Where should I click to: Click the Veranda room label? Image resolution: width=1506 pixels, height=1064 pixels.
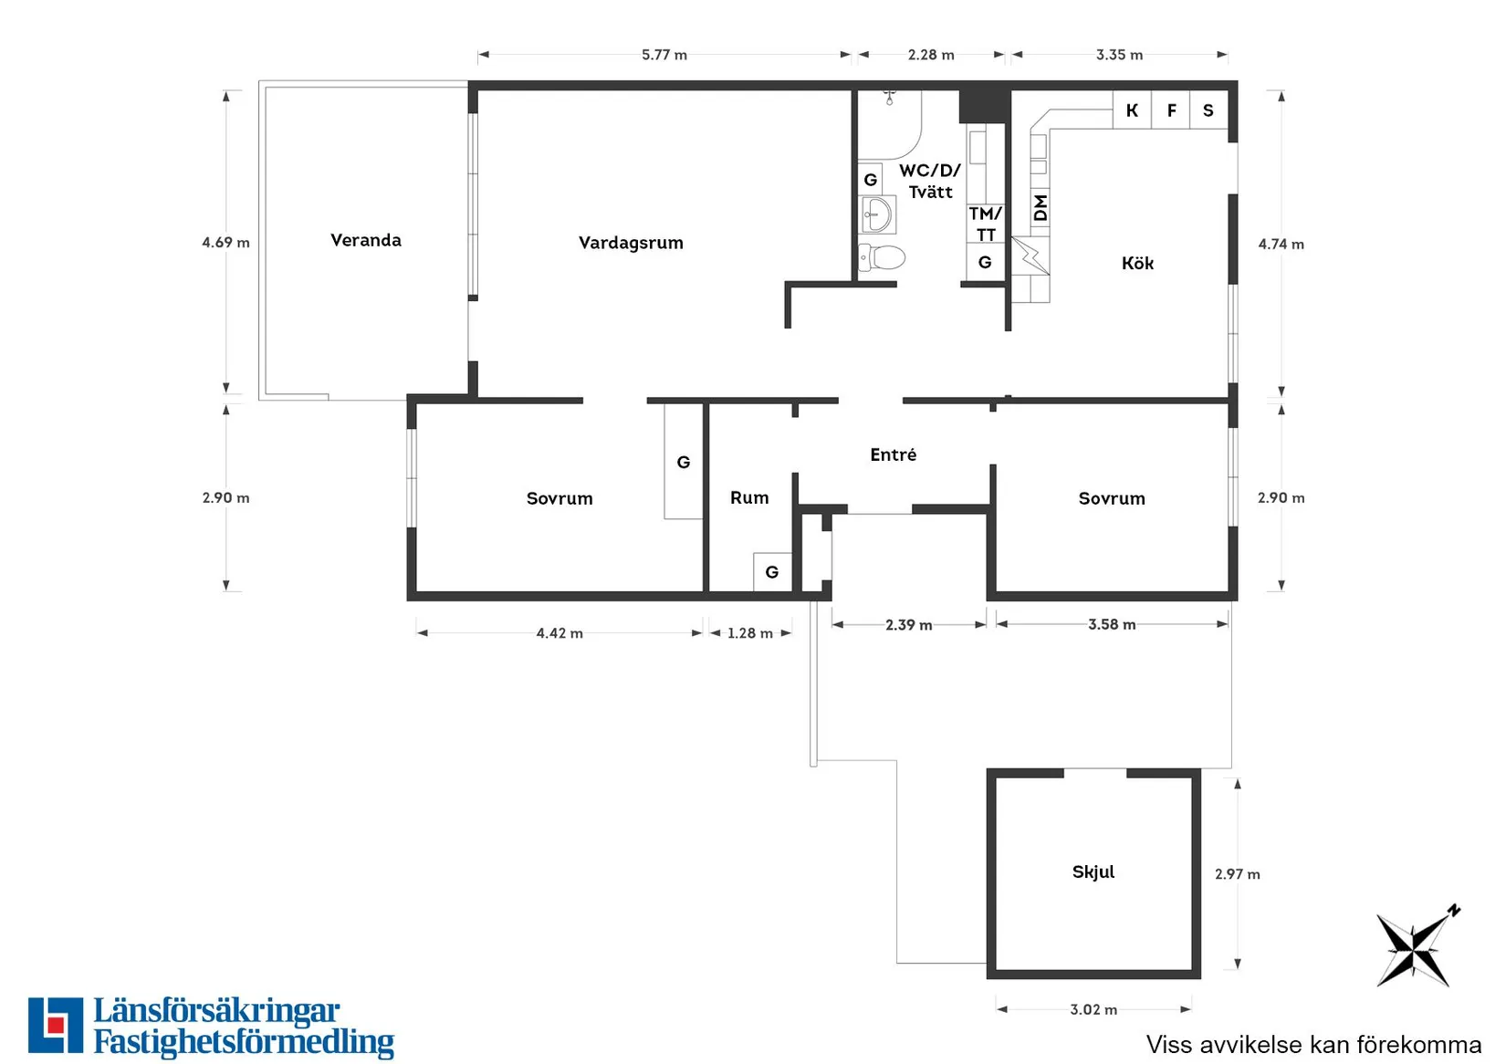click(366, 240)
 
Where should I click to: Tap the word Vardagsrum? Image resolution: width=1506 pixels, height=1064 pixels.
click(631, 243)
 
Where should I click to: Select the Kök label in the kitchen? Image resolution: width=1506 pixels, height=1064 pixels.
click(1137, 263)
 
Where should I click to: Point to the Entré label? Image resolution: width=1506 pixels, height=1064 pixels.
click(893, 454)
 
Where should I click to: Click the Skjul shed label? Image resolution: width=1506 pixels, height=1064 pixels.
click(1093, 871)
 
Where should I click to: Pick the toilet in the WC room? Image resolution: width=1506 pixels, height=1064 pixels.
click(882, 257)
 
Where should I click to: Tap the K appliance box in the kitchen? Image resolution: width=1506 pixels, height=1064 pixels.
click(1132, 110)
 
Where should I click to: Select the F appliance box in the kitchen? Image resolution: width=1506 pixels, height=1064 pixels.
click(1171, 110)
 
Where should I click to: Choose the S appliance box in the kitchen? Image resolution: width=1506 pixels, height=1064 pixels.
click(1208, 110)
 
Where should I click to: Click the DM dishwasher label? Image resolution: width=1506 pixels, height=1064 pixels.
click(1041, 208)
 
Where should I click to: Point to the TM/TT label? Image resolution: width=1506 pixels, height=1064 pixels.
click(986, 224)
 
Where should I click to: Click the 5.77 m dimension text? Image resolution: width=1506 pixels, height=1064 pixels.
click(664, 55)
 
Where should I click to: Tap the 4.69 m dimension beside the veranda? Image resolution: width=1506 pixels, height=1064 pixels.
click(226, 242)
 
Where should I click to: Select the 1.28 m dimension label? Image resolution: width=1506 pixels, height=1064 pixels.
click(750, 633)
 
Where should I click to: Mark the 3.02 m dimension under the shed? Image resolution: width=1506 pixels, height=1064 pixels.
click(1093, 1009)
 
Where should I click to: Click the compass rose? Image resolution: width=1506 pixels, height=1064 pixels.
click(1417, 947)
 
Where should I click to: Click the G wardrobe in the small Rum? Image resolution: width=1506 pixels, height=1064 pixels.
click(772, 572)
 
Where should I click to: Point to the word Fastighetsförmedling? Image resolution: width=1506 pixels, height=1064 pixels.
click(244, 1042)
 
